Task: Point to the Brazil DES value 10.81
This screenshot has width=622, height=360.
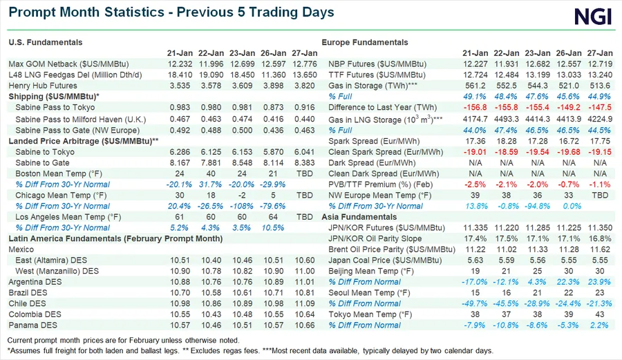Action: pos(304,292)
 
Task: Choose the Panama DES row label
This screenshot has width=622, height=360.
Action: pos(32,325)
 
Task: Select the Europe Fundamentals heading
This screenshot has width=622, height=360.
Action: pos(365,42)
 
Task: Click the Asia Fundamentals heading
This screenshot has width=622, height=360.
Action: pos(359,216)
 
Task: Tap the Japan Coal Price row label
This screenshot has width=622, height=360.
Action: pos(376,260)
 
